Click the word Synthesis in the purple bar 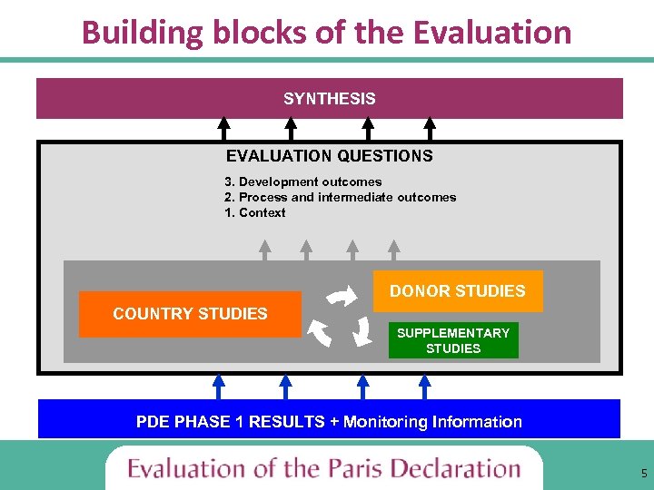pos(329,99)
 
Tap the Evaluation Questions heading pos(329,156)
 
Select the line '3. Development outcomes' pos(302,181)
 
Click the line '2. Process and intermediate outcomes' pos(340,197)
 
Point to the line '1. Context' pos(254,212)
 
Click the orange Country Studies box pos(190,314)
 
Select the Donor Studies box pos(458,291)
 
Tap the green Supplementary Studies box pos(453,340)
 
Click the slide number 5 pos(644,473)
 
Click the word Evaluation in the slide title pos(491,32)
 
